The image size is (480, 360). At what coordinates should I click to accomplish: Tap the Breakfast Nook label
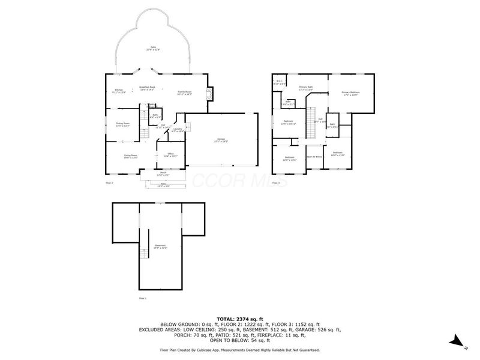coord(148,88)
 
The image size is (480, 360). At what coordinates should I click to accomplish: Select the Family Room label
coord(184,93)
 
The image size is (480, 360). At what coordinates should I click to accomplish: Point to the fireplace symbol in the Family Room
coord(209,93)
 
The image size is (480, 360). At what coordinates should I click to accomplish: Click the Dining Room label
coord(122,124)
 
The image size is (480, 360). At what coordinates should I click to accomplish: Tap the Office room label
coord(170,155)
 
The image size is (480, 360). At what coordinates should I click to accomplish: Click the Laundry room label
coord(177,130)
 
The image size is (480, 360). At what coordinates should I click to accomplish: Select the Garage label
coord(222,140)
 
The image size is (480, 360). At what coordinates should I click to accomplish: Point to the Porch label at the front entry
coord(162,174)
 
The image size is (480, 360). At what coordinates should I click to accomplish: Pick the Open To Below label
coord(314,156)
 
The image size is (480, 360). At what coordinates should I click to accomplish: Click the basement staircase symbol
coord(143,254)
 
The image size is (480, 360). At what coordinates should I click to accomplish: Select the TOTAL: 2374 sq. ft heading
coord(239,319)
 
